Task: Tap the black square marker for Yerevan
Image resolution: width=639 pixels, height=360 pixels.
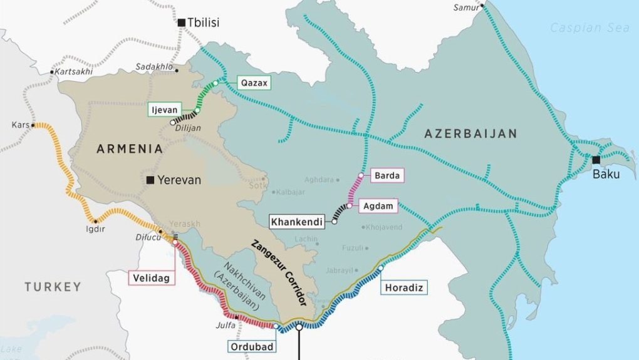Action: [150, 180]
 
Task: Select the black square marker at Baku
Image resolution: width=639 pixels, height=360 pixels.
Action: [596, 160]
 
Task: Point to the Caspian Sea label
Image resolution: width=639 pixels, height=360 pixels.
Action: [581, 28]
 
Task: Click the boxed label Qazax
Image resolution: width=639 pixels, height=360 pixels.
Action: [252, 83]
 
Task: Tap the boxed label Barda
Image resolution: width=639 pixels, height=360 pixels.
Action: [388, 176]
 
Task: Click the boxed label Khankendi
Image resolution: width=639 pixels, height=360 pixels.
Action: [296, 222]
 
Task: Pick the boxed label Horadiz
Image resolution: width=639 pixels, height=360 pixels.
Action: [401, 288]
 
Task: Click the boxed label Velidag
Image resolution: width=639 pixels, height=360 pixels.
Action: [150, 277]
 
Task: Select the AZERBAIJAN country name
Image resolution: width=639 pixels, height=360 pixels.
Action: [470, 133]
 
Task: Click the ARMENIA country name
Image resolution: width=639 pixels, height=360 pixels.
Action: [129, 149]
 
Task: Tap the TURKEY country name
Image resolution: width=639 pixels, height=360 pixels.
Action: [53, 287]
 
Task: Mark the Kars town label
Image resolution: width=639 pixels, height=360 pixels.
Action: [20, 125]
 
